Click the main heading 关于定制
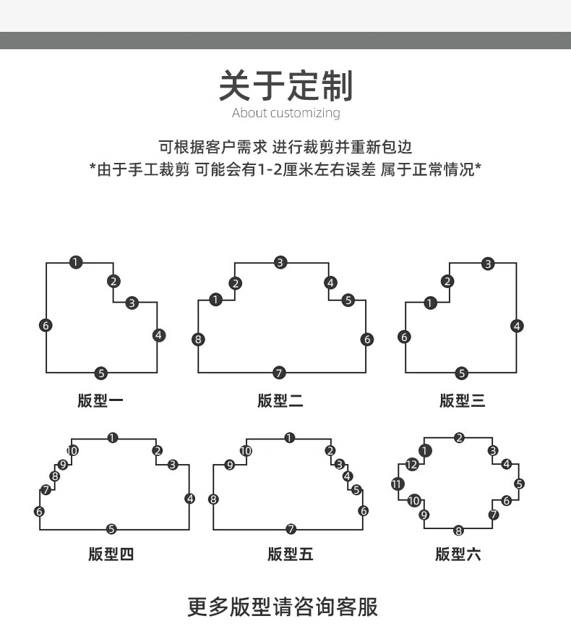point(286,85)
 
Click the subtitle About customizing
point(286,112)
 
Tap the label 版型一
point(100,400)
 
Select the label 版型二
point(280,400)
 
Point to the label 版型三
point(463,400)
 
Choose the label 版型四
point(111,554)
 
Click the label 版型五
point(291,554)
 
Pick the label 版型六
point(458,554)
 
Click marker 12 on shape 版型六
point(412,464)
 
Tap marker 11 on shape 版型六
point(397,484)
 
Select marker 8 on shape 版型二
point(198,339)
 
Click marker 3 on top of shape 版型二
point(280,263)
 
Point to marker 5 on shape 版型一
point(101,373)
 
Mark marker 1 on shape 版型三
point(430,303)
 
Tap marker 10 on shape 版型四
point(72,450)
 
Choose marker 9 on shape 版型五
point(230,465)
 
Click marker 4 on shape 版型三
point(517,326)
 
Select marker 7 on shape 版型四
point(46,490)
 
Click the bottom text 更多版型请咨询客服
point(283,607)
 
